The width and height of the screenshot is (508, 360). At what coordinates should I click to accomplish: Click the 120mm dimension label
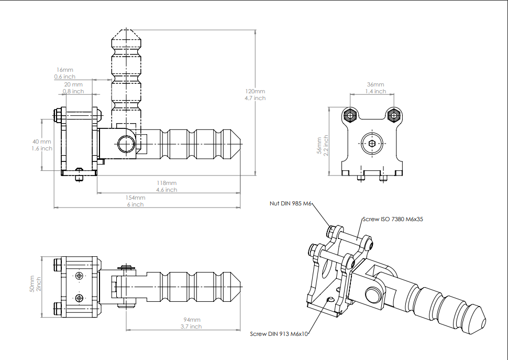tap(255, 91)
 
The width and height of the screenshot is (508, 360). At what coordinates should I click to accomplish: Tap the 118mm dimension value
tap(167, 183)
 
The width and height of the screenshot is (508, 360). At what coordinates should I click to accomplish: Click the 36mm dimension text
tap(376, 84)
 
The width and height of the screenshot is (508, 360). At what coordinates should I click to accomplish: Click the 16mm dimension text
tap(65, 70)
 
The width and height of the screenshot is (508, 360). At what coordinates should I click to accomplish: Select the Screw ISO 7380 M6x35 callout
tap(392, 219)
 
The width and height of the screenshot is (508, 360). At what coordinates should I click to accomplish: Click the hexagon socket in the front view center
tap(371, 144)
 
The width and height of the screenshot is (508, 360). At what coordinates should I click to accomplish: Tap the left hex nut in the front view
tap(350, 115)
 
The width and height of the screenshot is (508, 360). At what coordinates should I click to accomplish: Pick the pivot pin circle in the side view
tap(125, 143)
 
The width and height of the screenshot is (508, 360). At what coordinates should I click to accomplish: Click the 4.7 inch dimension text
tap(255, 98)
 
